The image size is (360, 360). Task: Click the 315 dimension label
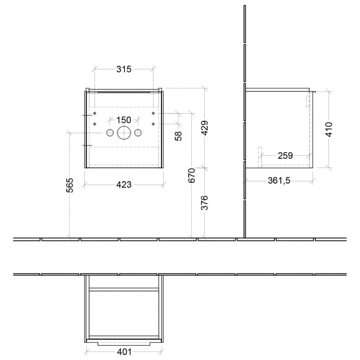124,69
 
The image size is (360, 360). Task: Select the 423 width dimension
124,185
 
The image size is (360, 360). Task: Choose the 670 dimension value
191,176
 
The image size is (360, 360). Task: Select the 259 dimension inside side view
286,155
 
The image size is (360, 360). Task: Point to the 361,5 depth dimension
279,181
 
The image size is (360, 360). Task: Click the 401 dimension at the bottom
124,351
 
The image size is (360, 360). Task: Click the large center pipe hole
124,133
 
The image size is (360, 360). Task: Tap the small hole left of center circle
110,133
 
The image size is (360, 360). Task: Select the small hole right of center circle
138,133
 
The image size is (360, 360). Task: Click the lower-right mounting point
153,123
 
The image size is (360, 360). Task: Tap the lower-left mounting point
95,123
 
